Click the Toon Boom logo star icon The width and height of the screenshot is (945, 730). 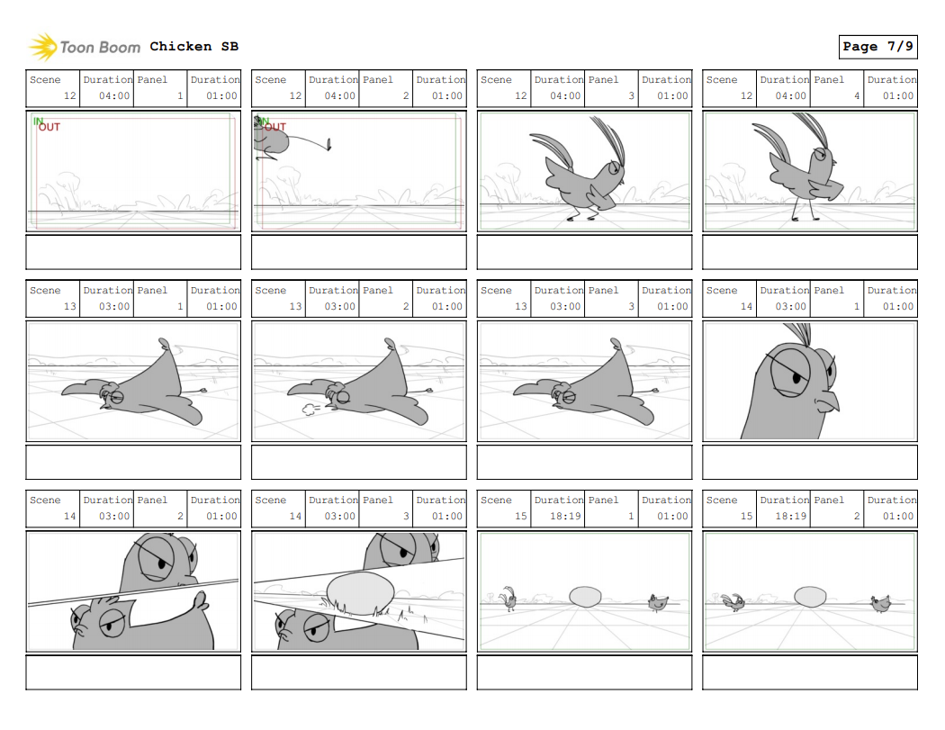(42, 46)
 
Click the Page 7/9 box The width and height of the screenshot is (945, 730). (877, 46)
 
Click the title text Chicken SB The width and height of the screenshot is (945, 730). (193, 46)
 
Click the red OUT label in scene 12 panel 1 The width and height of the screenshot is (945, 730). (49, 128)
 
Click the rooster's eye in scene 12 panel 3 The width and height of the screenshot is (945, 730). (615, 167)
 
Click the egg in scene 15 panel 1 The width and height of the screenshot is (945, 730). (585, 597)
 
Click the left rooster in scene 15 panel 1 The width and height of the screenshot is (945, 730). (510, 598)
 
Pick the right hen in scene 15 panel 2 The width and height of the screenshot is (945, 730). (879, 602)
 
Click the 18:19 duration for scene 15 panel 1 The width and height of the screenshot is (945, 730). (565, 517)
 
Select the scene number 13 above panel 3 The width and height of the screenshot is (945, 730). (520, 307)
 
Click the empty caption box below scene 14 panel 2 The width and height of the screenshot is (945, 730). (133, 672)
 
